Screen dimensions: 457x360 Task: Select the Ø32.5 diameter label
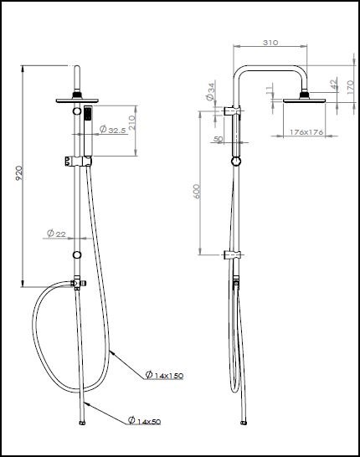114,130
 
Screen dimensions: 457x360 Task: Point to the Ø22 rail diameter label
56,233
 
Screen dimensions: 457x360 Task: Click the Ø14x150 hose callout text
164,376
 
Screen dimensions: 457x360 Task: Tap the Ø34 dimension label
210,89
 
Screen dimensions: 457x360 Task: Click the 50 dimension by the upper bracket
219,138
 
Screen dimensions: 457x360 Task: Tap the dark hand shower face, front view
84,115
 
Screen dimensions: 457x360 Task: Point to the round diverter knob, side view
236,161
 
